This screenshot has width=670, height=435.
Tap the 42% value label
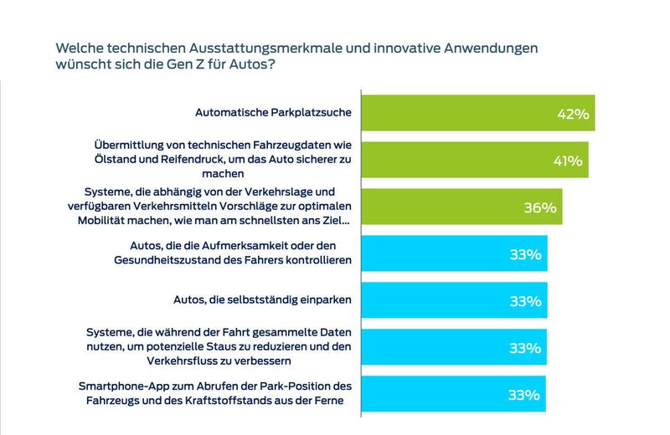point(575,113)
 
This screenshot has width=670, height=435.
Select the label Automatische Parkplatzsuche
point(272,112)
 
